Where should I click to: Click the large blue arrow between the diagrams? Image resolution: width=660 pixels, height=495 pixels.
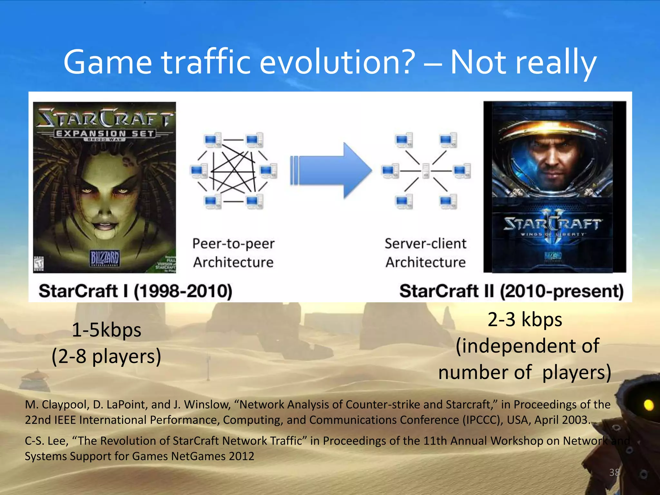(x=332, y=171)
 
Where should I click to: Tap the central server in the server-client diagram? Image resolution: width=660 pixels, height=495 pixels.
(x=426, y=171)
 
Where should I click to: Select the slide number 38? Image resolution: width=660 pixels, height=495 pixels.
(x=614, y=472)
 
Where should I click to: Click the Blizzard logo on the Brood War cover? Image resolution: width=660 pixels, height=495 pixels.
(x=105, y=258)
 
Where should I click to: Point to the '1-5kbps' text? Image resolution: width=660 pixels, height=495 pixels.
(x=106, y=330)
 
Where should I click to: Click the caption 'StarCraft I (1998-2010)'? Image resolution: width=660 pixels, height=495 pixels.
(x=135, y=291)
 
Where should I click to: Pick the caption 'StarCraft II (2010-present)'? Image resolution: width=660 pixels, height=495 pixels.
(x=511, y=291)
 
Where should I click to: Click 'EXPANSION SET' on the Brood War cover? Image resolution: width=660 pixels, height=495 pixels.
(x=105, y=133)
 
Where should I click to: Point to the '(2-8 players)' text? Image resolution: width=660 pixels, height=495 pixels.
(x=106, y=356)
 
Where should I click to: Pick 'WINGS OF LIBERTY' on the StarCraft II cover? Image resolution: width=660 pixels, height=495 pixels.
(x=552, y=234)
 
